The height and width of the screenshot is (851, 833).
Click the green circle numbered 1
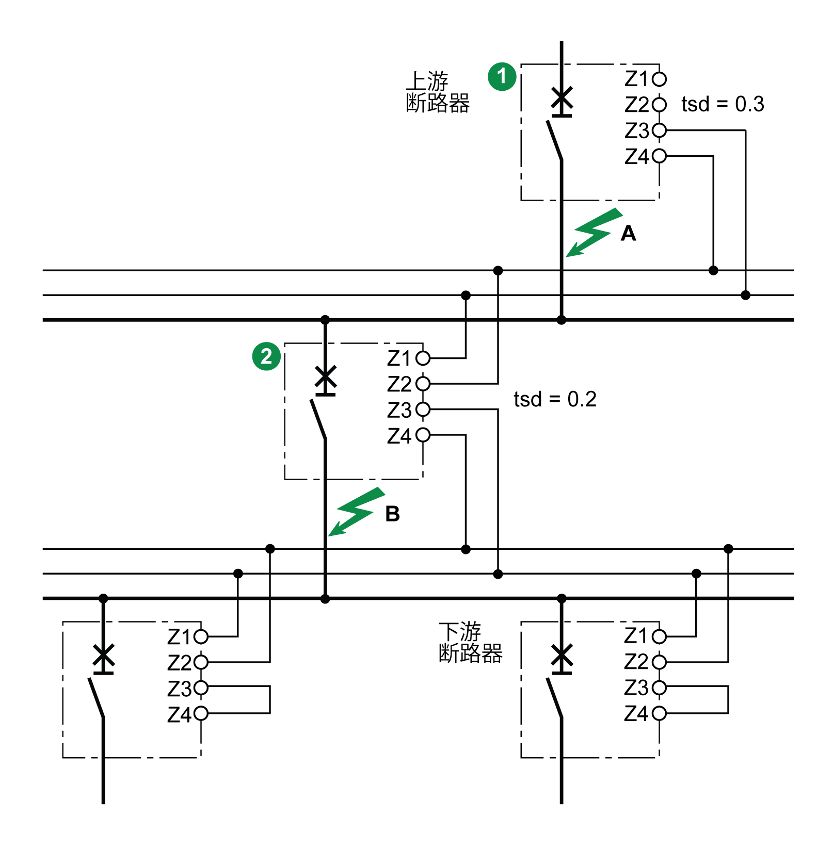click(502, 77)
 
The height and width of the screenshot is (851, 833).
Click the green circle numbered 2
click(266, 356)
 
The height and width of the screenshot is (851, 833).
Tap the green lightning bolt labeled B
click(357, 512)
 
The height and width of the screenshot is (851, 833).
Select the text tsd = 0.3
click(723, 104)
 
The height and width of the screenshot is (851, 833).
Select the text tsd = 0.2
click(555, 399)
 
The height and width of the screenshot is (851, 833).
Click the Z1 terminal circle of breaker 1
click(659, 79)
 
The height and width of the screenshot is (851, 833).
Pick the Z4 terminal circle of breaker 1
click(659, 156)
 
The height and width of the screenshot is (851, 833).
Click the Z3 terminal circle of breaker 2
click(423, 410)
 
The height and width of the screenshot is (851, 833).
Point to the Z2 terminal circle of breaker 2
click(423, 384)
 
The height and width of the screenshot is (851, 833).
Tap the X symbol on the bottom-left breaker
click(103, 656)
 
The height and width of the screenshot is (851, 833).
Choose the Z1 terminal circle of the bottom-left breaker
click(201, 636)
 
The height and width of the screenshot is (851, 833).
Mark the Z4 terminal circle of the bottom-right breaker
click(659, 713)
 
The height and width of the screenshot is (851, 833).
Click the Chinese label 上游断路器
click(438, 92)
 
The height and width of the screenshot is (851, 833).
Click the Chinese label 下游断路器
click(470, 642)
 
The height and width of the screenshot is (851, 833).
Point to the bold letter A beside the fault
click(628, 234)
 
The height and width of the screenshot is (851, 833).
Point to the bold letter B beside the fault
click(392, 514)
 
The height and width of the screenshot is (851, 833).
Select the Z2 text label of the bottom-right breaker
click(636, 662)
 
